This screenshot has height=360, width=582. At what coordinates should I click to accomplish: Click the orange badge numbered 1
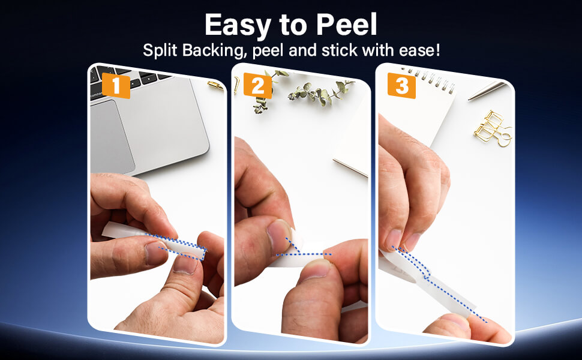tap(116, 86)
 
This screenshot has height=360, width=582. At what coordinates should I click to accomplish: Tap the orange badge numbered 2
tap(258, 86)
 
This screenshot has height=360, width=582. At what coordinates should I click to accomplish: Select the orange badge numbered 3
tap(401, 86)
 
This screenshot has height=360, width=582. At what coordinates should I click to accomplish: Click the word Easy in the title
tap(238, 25)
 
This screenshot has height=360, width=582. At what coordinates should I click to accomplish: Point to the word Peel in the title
tap(346, 25)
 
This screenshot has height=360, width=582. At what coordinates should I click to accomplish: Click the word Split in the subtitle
tap(160, 50)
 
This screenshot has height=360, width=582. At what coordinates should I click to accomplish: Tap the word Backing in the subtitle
tap(215, 51)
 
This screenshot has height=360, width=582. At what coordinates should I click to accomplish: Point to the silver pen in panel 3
tap(486, 91)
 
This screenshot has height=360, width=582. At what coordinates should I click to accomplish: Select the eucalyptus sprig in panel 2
tap(304, 91)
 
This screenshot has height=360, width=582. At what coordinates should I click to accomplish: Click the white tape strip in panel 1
tap(154, 242)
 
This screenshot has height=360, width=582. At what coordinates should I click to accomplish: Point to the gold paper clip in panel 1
tap(215, 86)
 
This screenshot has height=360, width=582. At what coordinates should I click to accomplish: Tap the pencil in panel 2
tap(350, 168)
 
